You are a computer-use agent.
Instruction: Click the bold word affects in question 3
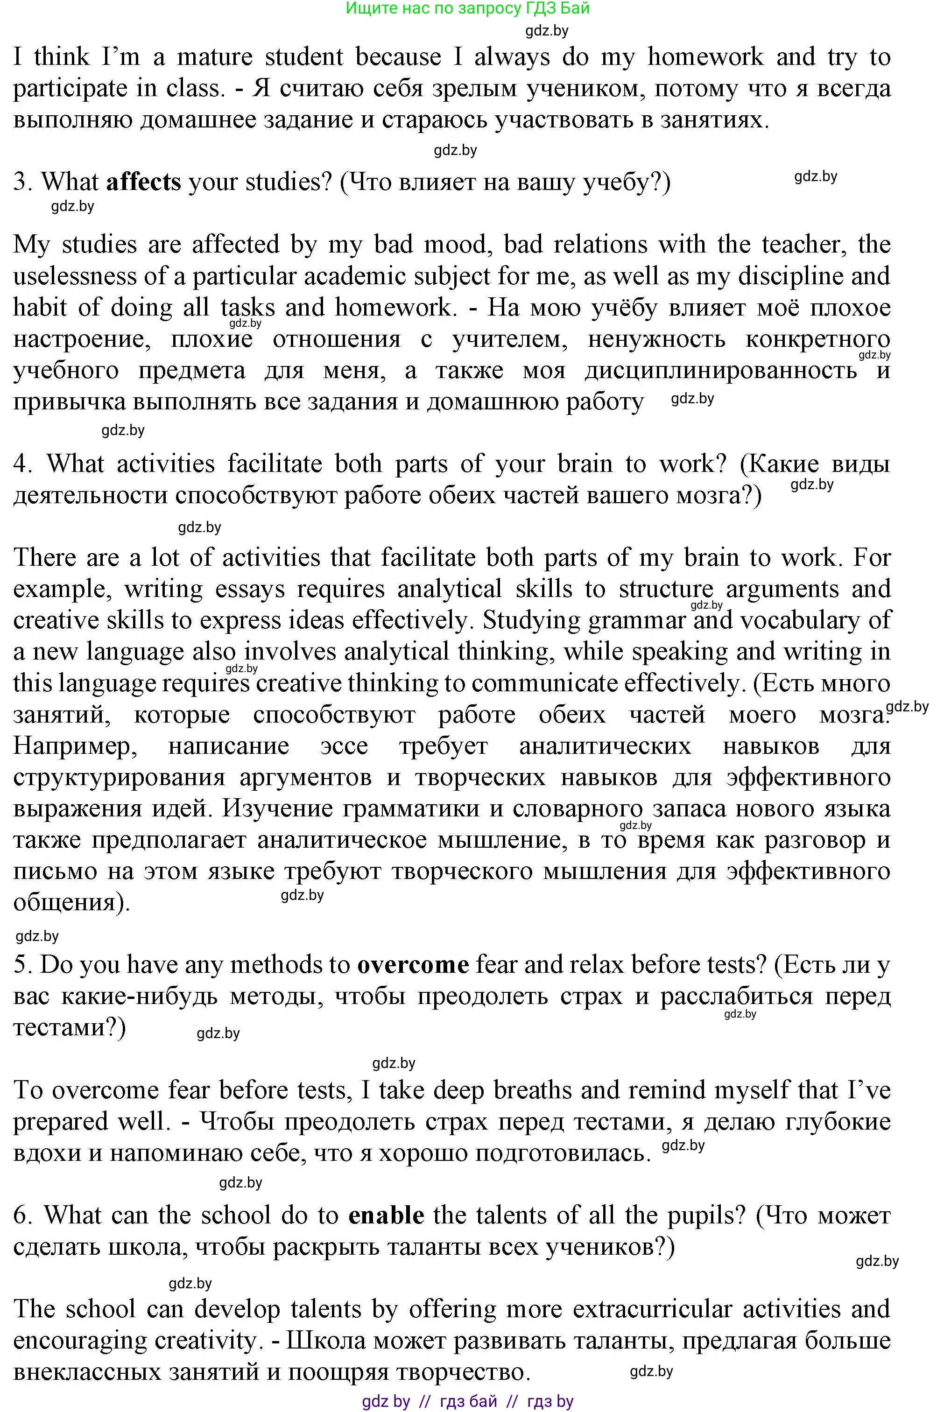[143, 182]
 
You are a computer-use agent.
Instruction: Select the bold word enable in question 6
[386, 1215]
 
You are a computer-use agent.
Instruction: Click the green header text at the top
[467, 8]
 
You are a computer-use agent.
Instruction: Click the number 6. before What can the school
[23, 1215]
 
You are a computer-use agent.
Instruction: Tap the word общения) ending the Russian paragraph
[70, 902]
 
